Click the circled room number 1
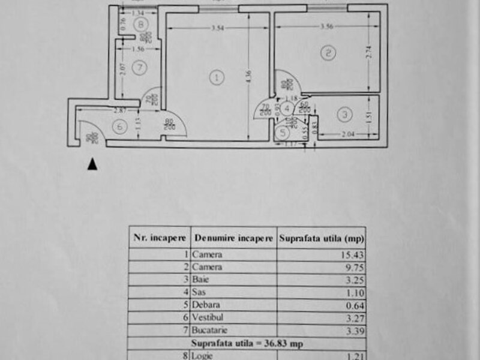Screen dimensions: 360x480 [x=217, y=77]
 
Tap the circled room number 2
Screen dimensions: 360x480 [x=327, y=54]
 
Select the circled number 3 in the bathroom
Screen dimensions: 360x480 [x=343, y=113]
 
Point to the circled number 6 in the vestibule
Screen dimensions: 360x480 [x=120, y=127]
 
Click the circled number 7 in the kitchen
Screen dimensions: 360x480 [x=139, y=67]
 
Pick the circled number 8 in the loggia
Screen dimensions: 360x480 [x=140, y=25]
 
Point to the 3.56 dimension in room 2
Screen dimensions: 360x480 [x=327, y=26]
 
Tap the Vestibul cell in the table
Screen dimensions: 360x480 [x=205, y=317]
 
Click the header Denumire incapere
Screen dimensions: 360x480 [x=233, y=238]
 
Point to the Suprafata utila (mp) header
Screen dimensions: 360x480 [x=322, y=238]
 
